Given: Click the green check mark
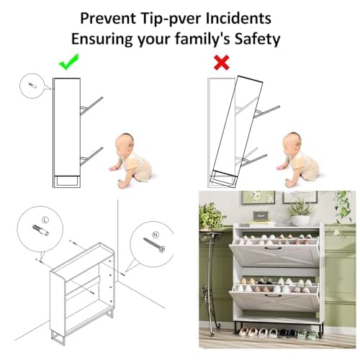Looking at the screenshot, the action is pyautogui.click(x=68, y=62).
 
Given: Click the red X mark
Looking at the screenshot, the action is pyautogui.click(x=222, y=63).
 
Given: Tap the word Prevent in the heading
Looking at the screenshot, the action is pyautogui.click(x=108, y=18).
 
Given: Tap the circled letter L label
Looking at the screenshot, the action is pyautogui.click(x=45, y=220).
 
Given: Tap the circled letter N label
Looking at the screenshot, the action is pyautogui.click(x=156, y=235).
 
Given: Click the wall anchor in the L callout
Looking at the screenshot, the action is pyautogui.click(x=40, y=230).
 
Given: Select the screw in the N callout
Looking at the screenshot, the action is pyautogui.click(x=154, y=245).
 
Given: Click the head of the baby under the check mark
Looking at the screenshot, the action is pyautogui.click(x=125, y=143).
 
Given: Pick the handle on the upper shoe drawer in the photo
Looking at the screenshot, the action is pyautogui.click(x=273, y=248).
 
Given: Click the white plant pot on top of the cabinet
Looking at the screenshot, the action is pyautogui.click(x=300, y=220).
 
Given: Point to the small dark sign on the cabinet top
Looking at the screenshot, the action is pyautogui.click(x=261, y=216).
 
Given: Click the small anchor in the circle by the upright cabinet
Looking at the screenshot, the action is pyautogui.click(x=32, y=86).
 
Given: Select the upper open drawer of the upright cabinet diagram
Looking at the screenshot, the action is pyautogui.click(x=91, y=106).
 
